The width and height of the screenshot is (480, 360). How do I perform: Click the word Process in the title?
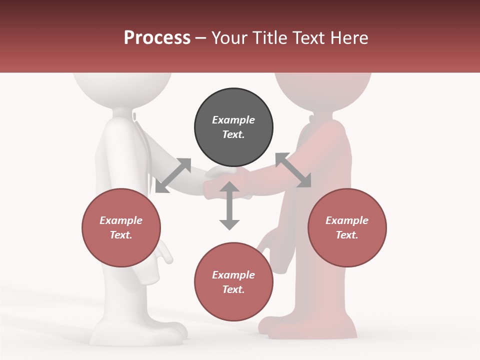click(x=157, y=38)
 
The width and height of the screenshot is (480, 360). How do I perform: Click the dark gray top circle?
click(x=233, y=127)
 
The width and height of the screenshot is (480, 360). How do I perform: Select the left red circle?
click(x=121, y=227)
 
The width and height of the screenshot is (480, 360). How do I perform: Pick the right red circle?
click(x=347, y=227)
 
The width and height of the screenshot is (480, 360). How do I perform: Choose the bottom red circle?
click(x=233, y=282)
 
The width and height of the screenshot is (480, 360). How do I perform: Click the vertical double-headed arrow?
click(x=229, y=205)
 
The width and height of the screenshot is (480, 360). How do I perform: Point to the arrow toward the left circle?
click(x=173, y=175)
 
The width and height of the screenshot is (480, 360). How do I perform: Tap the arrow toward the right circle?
click(x=293, y=170)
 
